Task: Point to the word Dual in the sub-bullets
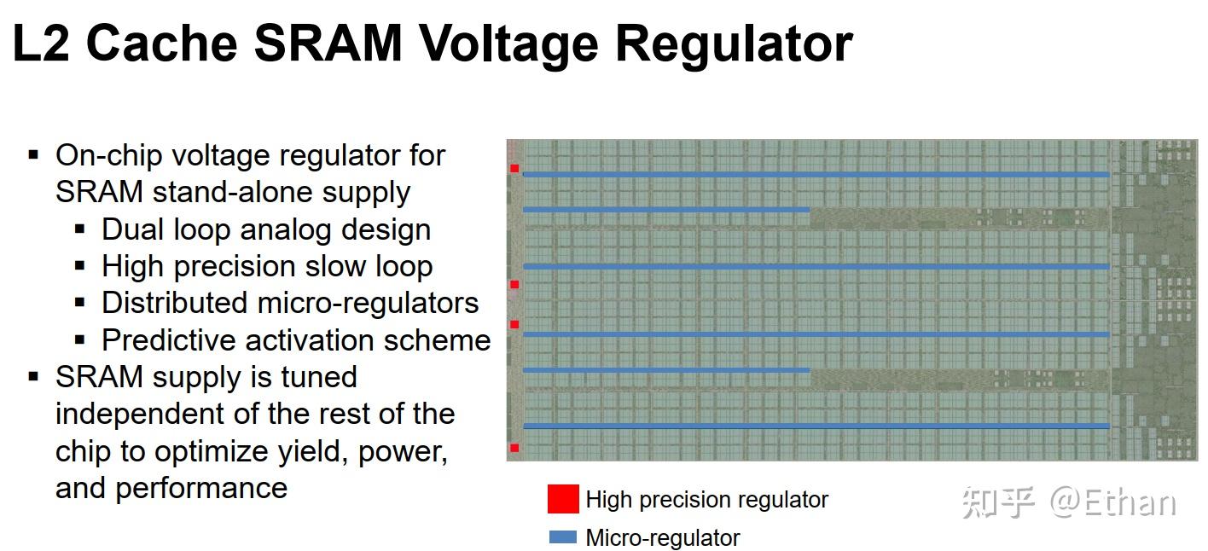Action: (133, 229)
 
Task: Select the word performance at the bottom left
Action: (201, 488)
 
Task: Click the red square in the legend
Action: (563, 499)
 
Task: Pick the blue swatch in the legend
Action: (563, 537)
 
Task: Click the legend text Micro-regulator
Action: (663, 538)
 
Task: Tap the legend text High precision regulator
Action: (707, 500)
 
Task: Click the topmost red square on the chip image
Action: (514, 169)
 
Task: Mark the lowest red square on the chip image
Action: (514, 448)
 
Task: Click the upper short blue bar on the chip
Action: (665, 209)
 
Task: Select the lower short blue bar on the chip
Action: (665, 370)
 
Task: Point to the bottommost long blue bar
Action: (816, 426)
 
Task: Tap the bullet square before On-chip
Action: (34, 155)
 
